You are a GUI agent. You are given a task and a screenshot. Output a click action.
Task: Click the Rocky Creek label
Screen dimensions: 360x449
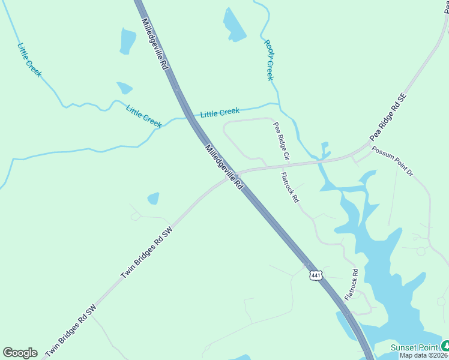[x=270, y=60]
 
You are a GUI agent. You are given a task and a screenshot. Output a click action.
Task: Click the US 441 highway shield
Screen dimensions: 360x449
[x=316, y=275]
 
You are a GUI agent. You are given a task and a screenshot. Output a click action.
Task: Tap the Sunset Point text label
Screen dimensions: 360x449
[x=414, y=347]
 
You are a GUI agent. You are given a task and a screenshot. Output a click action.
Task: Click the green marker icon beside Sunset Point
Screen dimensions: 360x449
[x=445, y=346]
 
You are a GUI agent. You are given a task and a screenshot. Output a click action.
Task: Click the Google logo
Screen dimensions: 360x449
[x=20, y=353]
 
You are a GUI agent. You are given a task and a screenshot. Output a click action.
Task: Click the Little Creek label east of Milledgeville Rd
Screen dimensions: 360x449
[x=220, y=112]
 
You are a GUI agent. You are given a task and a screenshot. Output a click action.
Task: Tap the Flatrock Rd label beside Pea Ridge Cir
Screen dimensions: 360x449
[x=290, y=188]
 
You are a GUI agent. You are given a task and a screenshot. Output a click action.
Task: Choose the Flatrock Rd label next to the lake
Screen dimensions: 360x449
[x=351, y=284]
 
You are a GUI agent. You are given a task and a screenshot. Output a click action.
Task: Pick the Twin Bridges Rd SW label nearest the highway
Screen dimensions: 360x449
[x=147, y=251]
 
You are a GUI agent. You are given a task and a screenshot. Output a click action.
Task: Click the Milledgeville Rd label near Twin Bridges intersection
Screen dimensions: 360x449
[x=223, y=167]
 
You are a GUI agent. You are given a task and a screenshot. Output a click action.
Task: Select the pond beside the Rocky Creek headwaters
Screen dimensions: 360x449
[x=234, y=26]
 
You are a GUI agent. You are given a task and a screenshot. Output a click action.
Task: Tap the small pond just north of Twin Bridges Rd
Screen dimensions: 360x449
[x=154, y=198]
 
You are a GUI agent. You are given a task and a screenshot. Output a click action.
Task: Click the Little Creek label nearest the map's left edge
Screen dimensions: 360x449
[x=29, y=59]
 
